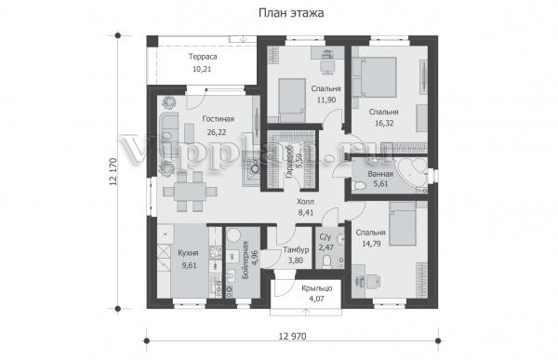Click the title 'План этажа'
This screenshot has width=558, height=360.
(x=291, y=13)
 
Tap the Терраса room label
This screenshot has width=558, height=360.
(x=203, y=57)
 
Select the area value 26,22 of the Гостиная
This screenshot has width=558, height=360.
(x=217, y=132)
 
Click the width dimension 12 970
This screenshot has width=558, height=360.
(x=292, y=336)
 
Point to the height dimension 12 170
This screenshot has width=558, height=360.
(x=113, y=172)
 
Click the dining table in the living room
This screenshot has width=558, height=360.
(x=190, y=192)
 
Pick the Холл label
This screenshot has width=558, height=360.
(x=305, y=202)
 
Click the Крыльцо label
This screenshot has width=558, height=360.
(x=317, y=287)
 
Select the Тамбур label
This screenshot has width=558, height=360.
(x=296, y=249)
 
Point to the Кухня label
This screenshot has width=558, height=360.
(x=188, y=253)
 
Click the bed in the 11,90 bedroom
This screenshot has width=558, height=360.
(x=291, y=100)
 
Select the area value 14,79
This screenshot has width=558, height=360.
(x=371, y=244)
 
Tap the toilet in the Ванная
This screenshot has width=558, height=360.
(x=359, y=185)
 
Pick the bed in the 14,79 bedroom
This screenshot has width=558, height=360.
(x=403, y=224)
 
